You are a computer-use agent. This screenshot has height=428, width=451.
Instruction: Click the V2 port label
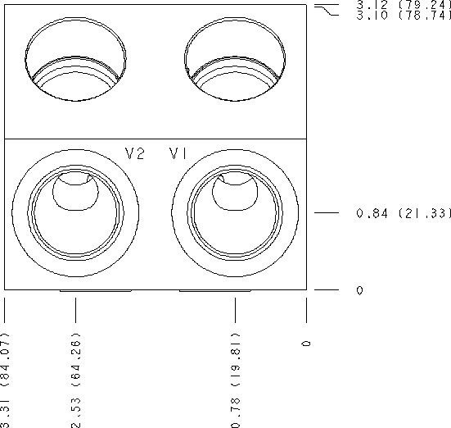[134, 153]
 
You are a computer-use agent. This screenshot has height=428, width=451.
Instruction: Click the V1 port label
[178, 153]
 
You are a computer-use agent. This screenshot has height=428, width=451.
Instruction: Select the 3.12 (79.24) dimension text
[404, 5]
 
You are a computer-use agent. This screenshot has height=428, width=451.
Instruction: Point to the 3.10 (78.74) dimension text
[404, 16]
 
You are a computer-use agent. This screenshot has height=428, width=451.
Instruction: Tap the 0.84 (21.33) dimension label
[404, 213]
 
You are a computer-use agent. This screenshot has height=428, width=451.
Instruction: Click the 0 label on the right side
[359, 290]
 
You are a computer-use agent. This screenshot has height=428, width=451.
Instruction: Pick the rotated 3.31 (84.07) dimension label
[5, 380]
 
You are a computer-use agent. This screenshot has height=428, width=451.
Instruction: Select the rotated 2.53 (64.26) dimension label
[76, 380]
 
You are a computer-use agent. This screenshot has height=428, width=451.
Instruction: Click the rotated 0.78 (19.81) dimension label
[235, 380]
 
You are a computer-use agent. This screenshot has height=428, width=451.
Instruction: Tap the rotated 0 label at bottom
[307, 344]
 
